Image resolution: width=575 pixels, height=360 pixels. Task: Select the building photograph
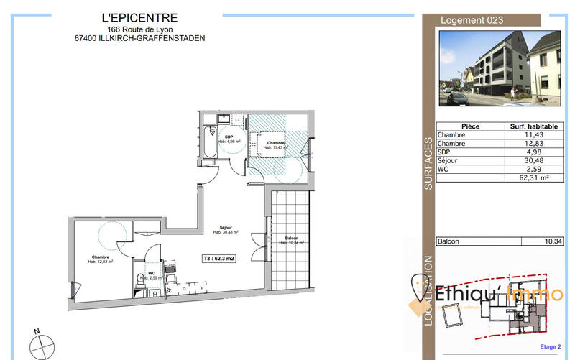click(500, 67)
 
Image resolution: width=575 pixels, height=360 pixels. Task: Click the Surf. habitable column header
click(533, 126)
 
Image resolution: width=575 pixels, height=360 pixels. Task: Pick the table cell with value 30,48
click(533, 160)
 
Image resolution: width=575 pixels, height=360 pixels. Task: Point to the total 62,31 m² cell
click(533, 177)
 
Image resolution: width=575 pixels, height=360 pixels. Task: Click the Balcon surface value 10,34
click(552, 242)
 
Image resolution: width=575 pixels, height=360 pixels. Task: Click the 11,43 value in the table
click(533, 135)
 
